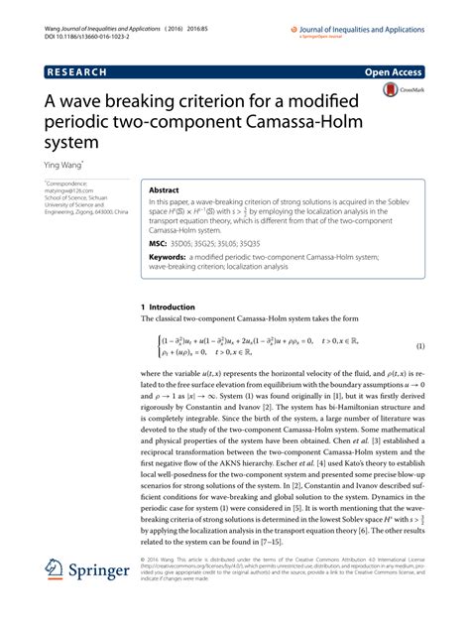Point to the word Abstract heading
click(x=166, y=188)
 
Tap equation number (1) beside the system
click(x=420, y=346)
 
